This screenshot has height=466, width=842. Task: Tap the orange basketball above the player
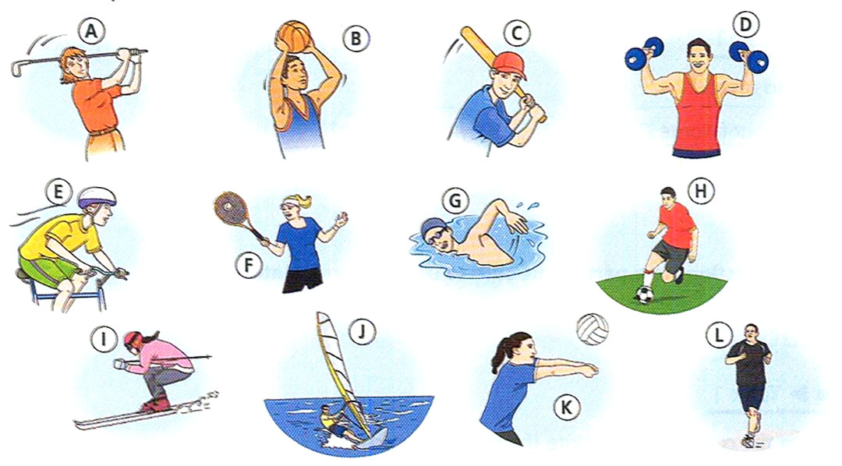[x=294, y=35]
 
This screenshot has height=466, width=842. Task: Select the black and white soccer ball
[x=645, y=295]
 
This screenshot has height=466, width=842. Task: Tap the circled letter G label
[x=453, y=200]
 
